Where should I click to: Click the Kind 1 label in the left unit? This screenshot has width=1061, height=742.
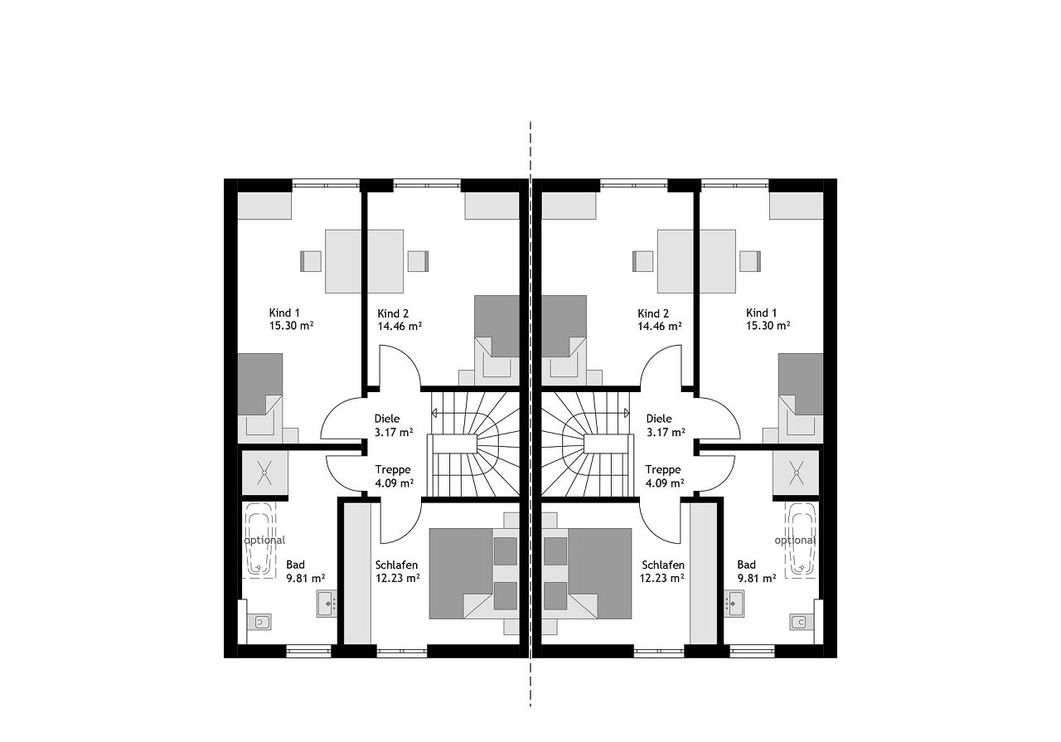tap(284, 313)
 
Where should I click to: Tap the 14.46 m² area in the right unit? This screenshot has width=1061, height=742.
tap(660, 326)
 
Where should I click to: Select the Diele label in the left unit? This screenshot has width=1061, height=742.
tap(387, 419)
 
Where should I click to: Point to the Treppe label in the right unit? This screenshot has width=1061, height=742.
tap(662, 469)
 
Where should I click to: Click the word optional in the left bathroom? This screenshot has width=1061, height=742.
tap(264, 541)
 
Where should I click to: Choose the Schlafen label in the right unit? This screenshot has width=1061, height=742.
tap(663, 565)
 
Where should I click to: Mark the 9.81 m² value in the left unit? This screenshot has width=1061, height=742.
tap(306, 578)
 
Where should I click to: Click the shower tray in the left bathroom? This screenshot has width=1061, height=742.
tap(264, 473)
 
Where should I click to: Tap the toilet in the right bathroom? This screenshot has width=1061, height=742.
tap(801, 621)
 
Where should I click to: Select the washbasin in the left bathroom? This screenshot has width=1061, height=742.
tap(327, 604)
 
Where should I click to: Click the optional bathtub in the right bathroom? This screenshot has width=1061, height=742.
tap(801, 540)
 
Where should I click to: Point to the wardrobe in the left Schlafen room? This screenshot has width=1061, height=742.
tap(356, 574)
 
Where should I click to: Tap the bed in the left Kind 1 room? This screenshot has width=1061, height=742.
tap(259, 398)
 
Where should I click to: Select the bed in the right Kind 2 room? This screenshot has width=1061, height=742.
tap(564, 340)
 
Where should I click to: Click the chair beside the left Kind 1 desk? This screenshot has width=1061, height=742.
tap(311, 261)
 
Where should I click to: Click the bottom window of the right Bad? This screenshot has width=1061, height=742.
tap(752, 652)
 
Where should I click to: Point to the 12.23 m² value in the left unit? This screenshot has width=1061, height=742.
tap(397, 578)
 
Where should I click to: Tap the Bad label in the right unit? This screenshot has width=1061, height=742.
tap(747, 565)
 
